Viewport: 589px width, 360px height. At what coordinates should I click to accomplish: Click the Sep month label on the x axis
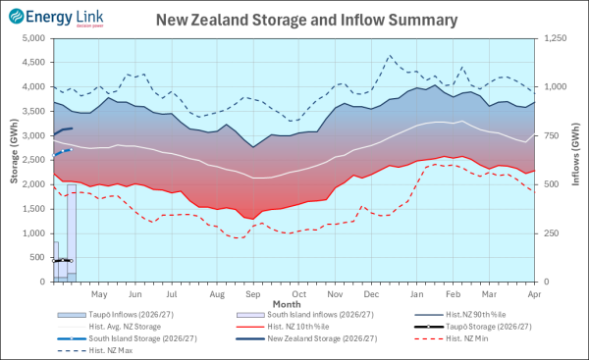pyautogui.click(x=252, y=293)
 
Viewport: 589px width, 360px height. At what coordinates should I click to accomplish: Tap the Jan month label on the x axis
pyautogui.click(x=417, y=293)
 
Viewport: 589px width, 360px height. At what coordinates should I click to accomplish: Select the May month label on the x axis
pyautogui.click(x=98, y=293)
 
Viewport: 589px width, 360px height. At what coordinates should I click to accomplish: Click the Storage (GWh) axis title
pyautogui.click(x=13, y=160)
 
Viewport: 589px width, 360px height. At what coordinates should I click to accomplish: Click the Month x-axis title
pyautogui.click(x=287, y=304)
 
